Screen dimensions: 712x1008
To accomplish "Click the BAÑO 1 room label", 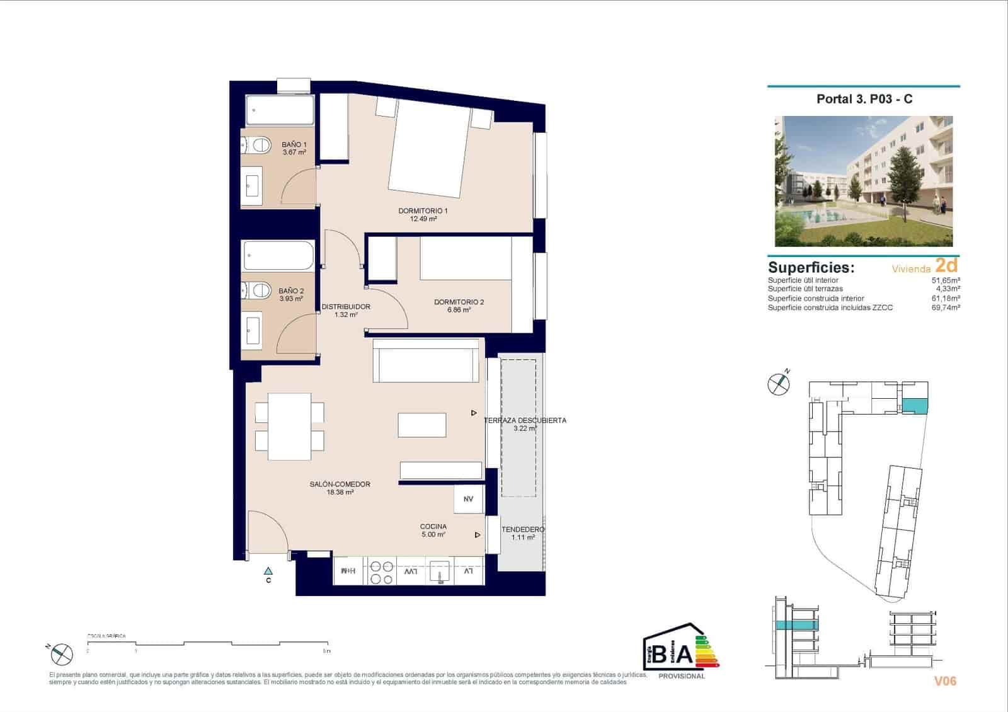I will coord(294,148).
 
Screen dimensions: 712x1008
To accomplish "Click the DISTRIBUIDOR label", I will coord(346,310).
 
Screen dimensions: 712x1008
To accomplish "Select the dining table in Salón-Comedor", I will coord(290,426).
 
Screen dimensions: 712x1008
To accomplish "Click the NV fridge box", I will coord(468,499).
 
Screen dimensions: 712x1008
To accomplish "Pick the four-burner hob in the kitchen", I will coord(381,572).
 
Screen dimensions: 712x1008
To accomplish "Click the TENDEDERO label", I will coord(523,533).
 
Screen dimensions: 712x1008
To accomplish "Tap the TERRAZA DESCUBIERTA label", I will coord(525,423).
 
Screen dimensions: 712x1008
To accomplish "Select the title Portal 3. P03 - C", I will coord(864,99).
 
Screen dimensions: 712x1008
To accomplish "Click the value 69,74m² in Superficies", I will coord(946,307).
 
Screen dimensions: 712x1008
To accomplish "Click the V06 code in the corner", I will coord(945,680).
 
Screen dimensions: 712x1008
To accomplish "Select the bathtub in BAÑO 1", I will coord(279,111).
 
